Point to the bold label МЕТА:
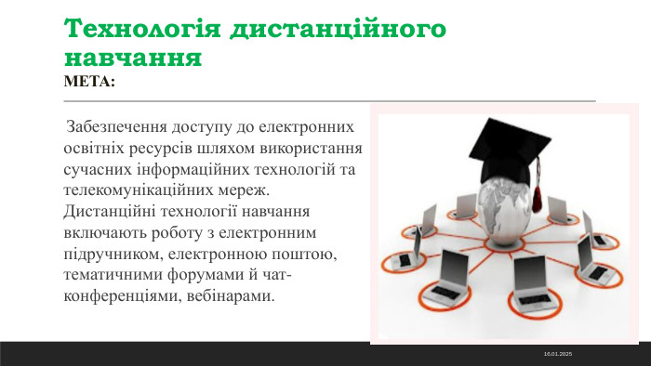[89, 82]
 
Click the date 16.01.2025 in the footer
[557, 355]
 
